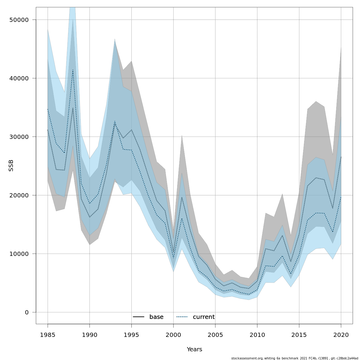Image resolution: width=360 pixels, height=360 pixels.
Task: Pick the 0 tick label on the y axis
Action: (x=27, y=312)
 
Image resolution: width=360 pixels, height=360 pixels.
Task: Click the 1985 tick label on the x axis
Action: (x=48, y=335)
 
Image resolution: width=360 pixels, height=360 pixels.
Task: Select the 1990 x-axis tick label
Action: (x=90, y=335)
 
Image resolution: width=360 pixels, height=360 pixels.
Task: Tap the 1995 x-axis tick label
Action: (x=131, y=335)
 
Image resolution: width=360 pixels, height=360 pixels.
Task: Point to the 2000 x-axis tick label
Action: (x=173, y=335)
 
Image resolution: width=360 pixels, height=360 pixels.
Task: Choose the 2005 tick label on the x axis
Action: (x=215, y=335)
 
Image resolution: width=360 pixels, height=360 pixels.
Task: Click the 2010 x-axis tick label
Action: (x=257, y=335)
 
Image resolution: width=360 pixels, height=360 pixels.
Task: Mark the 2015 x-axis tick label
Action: (x=299, y=335)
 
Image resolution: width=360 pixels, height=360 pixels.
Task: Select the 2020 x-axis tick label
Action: (x=341, y=335)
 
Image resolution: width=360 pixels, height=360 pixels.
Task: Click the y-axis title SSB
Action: (x=11, y=166)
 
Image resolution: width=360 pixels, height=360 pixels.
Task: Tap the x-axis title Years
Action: (x=194, y=349)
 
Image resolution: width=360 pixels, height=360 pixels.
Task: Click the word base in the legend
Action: (x=156, y=317)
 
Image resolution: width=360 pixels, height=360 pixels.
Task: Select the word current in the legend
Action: (x=204, y=317)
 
